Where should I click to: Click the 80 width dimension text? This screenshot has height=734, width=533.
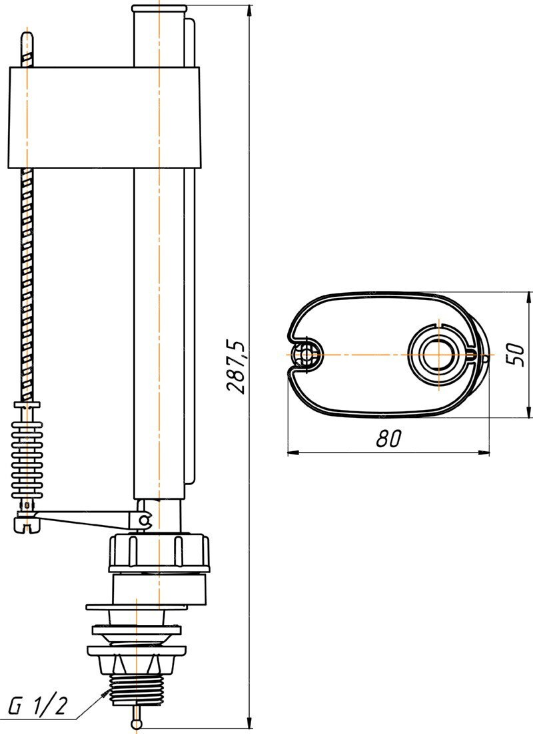[x=388, y=439]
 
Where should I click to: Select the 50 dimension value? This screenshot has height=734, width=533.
[x=515, y=354]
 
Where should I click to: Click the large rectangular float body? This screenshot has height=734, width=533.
[x=104, y=116]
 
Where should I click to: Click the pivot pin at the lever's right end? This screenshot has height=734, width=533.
[x=144, y=520]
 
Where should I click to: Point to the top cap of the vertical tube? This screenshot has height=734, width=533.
[x=159, y=9]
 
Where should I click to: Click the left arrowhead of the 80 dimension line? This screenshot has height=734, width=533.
[x=291, y=453]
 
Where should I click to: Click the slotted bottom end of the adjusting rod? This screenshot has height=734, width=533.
[x=27, y=526]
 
